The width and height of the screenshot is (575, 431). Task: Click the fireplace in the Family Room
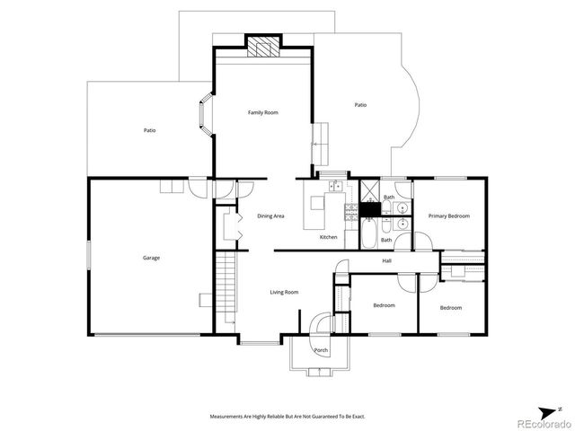[263, 48]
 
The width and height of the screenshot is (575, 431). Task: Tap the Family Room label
[263, 112]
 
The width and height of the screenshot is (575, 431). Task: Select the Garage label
[151, 258]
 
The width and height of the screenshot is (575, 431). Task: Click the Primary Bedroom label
[448, 215]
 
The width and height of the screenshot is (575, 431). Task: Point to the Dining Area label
[271, 216]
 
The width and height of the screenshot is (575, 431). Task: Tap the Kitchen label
[329, 236]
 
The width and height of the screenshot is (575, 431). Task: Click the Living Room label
[284, 292]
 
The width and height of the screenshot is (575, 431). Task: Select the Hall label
[386, 260]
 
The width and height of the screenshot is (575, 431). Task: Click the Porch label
[321, 349]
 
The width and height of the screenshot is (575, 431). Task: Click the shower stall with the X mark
[369, 190]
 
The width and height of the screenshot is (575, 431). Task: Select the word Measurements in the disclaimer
[228, 417]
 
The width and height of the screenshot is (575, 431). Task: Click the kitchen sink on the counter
[334, 186]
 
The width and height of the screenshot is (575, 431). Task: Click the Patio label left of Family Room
[150, 130]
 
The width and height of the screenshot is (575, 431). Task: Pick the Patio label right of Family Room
[360, 105]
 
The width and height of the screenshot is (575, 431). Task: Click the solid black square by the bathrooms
[370, 209]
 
